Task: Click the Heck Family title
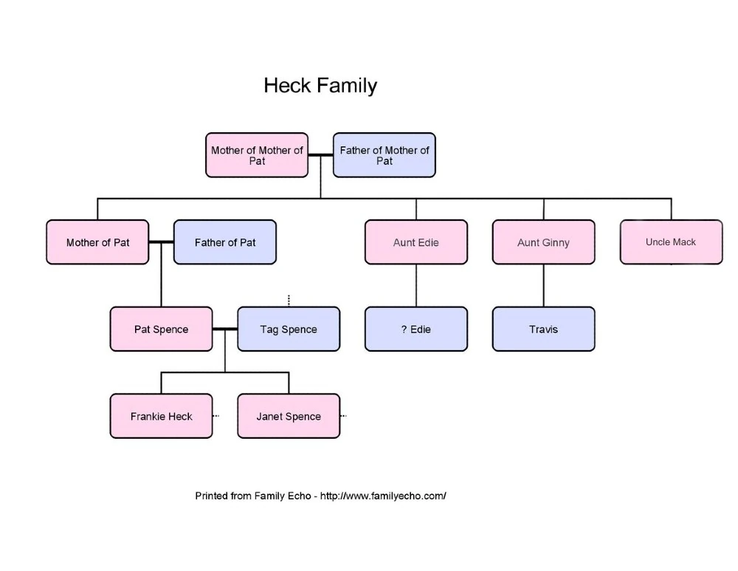(x=320, y=86)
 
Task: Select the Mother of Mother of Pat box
(x=257, y=155)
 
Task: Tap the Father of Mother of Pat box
(x=384, y=155)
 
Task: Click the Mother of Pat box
(x=97, y=242)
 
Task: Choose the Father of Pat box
(x=225, y=242)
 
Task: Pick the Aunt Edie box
(x=416, y=242)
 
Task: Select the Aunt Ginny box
(x=544, y=242)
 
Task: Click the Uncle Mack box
(x=671, y=242)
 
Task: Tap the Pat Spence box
(x=161, y=329)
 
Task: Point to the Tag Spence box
(x=289, y=329)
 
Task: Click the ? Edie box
(x=416, y=329)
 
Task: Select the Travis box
(x=544, y=329)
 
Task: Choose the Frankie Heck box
(x=161, y=417)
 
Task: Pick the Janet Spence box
(x=289, y=417)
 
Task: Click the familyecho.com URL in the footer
(x=383, y=496)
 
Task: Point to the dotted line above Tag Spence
(x=289, y=300)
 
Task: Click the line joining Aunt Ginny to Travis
(x=544, y=285)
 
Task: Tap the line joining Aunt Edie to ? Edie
(x=416, y=285)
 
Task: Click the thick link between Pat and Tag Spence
(x=225, y=329)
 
